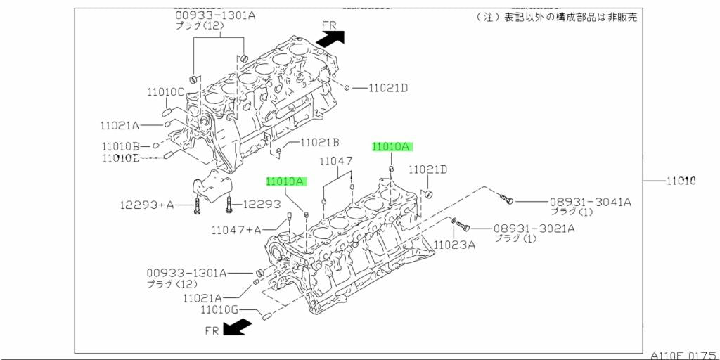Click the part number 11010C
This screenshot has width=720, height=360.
[165, 91]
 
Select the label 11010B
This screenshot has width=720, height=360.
[120, 146]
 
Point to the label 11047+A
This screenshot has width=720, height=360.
[236, 230]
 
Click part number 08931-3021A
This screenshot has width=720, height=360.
[534, 228]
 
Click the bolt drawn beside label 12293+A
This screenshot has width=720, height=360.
[197, 206]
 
